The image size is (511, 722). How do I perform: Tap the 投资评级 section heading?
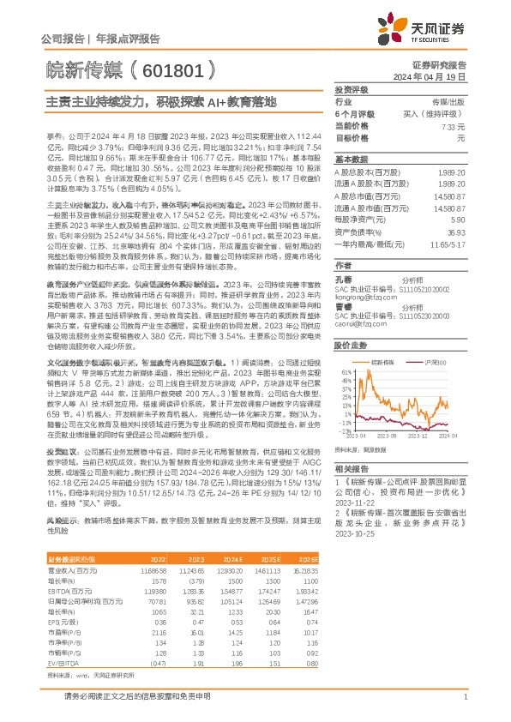[352, 89]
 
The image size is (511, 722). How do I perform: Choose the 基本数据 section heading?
[352, 159]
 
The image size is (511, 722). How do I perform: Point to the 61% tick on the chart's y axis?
[344, 370]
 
